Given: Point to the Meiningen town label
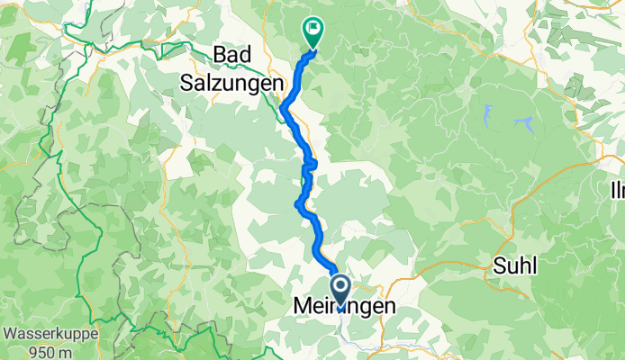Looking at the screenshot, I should pyautogui.click(x=345, y=308).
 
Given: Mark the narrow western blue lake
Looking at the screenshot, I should pyautogui.click(x=486, y=113).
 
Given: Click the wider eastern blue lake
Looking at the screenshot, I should pyautogui.click(x=523, y=121).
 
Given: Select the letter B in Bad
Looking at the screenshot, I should pyautogui.click(x=220, y=53).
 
